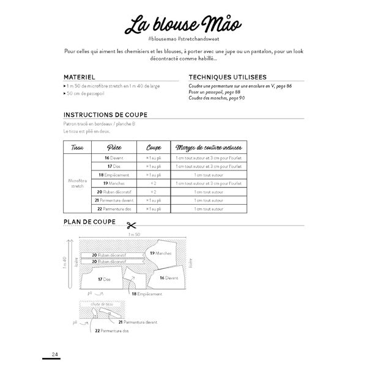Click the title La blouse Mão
pyautogui.click(x=183, y=26)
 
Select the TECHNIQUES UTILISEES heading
pyautogui.click(x=227, y=78)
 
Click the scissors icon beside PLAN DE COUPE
pyautogui.click(x=130, y=224)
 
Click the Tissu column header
pyautogui.click(x=77, y=148)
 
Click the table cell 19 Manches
pyautogui.click(x=114, y=183)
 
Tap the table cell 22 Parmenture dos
pyautogui.click(x=114, y=208)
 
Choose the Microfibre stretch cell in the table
pyautogui.click(x=77, y=183)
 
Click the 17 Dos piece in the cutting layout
pyautogui.click(x=104, y=279)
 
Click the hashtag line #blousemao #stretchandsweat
pyautogui.click(x=183, y=38)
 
